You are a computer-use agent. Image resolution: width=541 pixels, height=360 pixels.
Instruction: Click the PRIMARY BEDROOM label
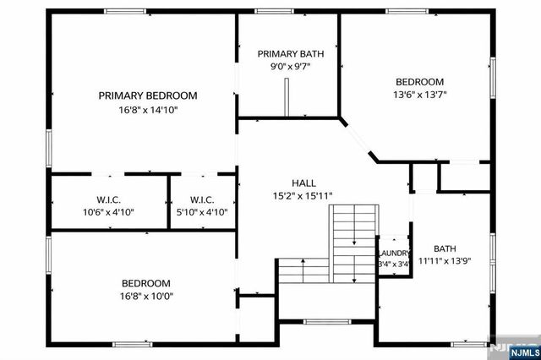point(148,95)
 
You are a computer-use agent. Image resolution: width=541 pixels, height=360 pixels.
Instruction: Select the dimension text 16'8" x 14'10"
point(148,110)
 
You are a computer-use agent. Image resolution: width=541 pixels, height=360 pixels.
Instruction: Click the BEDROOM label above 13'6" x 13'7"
point(420,82)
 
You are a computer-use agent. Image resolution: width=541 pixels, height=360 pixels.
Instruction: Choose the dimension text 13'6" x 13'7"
point(420,95)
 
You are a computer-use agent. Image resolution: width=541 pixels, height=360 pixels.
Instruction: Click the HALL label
point(304,183)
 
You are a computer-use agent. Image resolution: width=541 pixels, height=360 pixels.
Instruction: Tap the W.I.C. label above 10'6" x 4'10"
point(108,199)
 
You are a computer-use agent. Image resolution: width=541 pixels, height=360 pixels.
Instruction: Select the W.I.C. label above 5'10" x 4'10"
point(203,199)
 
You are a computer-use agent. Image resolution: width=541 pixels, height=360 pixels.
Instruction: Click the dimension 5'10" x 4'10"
point(203,213)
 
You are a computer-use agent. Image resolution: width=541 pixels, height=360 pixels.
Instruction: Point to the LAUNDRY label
point(395,254)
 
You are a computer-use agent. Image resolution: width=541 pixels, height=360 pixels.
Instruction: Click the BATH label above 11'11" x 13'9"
point(445,248)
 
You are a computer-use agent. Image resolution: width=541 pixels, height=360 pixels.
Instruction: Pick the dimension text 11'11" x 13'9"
point(445,261)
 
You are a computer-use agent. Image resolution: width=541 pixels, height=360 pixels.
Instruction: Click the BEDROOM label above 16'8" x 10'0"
point(145,283)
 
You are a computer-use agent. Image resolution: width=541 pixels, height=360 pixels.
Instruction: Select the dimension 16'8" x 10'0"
point(145,297)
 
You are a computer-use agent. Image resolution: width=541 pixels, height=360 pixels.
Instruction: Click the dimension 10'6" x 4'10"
point(108,213)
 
